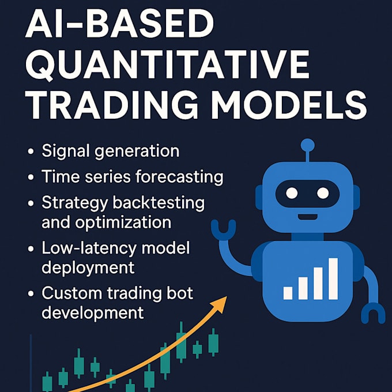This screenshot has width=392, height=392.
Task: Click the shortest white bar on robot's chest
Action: coord(288,293)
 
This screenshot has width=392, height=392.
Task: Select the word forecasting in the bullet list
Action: coord(179,177)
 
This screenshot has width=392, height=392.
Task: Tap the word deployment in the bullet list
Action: coord(88,267)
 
